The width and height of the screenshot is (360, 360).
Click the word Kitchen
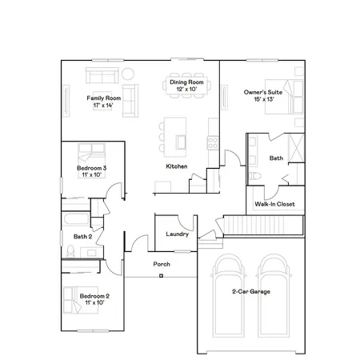click(176, 166)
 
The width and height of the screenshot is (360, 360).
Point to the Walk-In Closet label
click(274, 204)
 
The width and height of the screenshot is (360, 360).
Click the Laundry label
click(176, 234)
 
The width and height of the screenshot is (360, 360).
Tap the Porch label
click(161, 263)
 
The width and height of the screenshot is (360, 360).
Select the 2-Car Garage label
click(250, 292)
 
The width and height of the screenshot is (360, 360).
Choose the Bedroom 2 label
click(94, 299)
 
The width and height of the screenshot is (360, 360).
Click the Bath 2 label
click(83, 237)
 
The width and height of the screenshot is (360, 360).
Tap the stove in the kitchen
click(213, 143)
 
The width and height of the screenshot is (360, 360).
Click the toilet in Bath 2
click(71, 252)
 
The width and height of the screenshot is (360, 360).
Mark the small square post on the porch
click(161, 276)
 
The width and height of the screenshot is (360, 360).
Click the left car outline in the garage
click(228, 292)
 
